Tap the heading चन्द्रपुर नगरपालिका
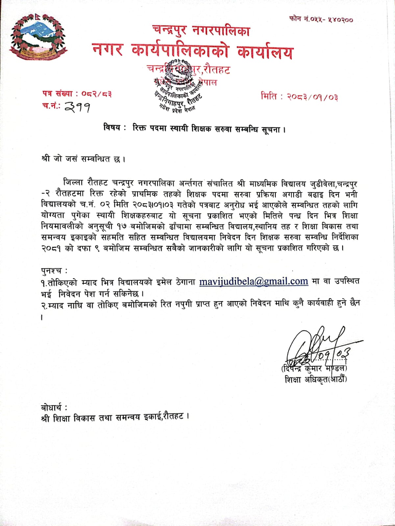(201, 31)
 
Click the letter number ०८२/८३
(96, 94)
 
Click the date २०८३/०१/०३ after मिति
(312, 97)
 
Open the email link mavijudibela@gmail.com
(254, 282)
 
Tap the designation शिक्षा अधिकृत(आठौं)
(316, 379)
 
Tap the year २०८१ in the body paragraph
(52, 248)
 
